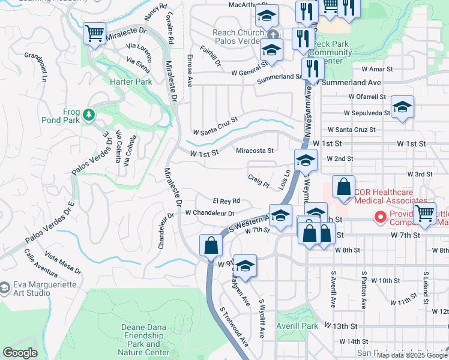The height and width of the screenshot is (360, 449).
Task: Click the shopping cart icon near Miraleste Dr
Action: (x=95, y=34)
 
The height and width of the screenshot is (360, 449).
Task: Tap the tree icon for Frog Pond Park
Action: (x=89, y=113)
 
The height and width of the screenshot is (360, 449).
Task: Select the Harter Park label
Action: (x=130, y=81)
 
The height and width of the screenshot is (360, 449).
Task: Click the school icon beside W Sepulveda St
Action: (x=402, y=107)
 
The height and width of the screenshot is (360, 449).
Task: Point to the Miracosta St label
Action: (x=255, y=151)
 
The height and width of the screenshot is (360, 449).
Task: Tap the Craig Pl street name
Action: (x=259, y=180)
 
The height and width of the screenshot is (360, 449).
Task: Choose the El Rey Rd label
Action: (x=226, y=200)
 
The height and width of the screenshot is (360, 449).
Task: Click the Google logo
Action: (x=20, y=352)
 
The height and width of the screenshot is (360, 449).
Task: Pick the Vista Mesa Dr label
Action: (x=62, y=266)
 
